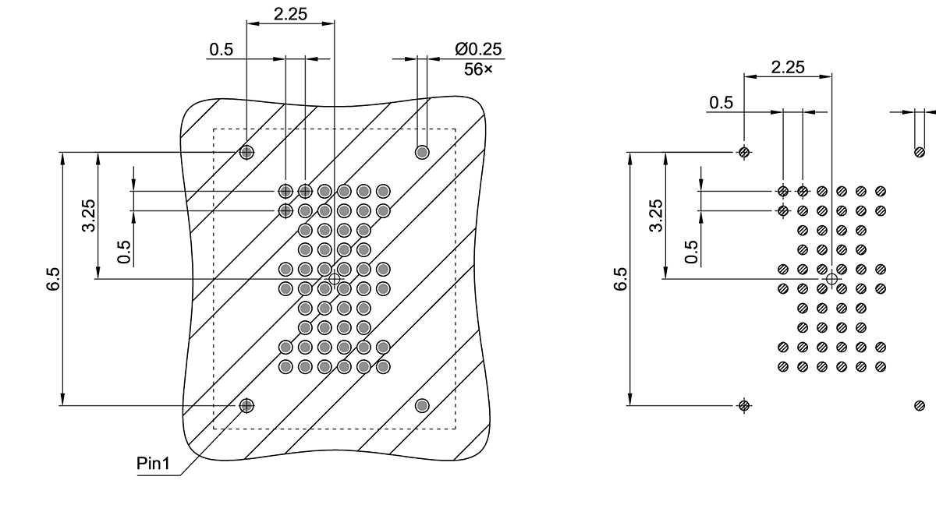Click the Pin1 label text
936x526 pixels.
click(153, 464)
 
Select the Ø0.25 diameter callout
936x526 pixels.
click(479, 49)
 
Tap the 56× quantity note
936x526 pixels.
click(478, 69)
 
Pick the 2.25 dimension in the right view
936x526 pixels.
click(788, 67)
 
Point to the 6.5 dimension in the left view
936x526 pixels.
click(53, 279)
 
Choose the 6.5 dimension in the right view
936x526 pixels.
click(620, 279)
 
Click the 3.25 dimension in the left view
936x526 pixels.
click(89, 215)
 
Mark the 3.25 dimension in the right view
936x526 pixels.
click(656, 215)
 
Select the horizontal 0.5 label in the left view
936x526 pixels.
click(221, 50)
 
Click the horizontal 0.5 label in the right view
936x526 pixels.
click(721, 103)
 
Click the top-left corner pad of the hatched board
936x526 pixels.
click(246, 152)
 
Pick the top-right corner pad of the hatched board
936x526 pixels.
click(422, 152)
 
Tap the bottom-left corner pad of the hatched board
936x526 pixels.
click(246, 404)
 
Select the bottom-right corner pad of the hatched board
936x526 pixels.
click(422, 404)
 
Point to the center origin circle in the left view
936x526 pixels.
click(335, 278)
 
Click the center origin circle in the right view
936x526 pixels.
click(831, 278)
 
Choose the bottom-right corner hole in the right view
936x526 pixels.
click(920, 404)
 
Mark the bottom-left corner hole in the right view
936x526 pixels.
click(744, 404)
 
